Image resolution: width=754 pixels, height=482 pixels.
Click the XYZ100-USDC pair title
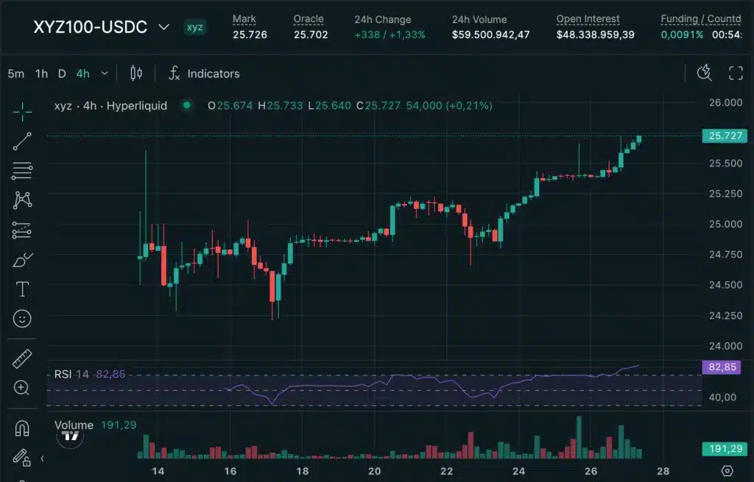90,27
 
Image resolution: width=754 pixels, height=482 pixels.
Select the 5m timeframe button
16,74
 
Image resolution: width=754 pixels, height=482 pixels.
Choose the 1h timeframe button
41,74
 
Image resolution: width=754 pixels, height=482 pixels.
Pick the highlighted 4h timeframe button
82,74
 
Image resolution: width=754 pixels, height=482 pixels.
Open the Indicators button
204,74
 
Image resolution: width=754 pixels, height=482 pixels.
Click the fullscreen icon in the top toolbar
735,73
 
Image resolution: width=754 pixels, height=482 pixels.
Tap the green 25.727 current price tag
725,136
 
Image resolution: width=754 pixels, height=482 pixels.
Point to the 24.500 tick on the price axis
725,285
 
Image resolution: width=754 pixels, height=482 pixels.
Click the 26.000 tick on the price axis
725,102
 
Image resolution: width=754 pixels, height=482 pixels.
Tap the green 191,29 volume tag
725,448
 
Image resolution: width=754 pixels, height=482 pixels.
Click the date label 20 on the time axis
374,471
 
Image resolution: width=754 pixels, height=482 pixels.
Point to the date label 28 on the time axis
663,471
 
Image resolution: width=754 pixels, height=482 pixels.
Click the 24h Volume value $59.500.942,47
490,35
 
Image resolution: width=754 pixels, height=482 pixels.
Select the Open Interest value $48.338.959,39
595,35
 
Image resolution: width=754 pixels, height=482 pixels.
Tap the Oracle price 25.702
310,35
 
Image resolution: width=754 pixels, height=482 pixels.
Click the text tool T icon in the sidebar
22,289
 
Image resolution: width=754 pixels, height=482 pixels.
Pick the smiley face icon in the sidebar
22,319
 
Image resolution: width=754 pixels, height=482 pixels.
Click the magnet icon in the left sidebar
22,428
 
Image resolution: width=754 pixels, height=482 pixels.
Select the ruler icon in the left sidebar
22,359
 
